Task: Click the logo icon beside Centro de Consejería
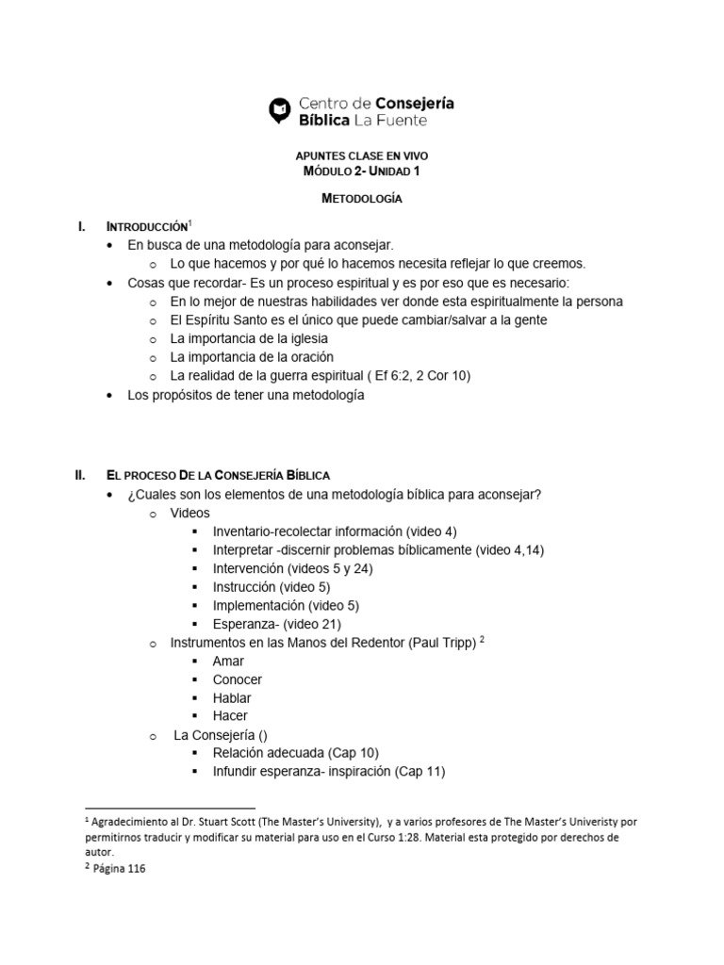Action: point(279,110)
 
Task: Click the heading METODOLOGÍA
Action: point(362,199)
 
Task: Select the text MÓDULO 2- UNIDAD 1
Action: point(362,172)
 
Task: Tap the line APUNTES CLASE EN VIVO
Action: point(362,155)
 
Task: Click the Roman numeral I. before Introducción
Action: point(82,227)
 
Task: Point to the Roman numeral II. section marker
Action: point(81,475)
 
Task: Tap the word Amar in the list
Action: point(228,661)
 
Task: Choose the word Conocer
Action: point(238,679)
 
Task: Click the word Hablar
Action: point(232,698)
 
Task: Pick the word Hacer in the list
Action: point(230,716)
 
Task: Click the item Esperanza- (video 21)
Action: point(277,624)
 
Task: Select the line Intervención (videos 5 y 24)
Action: point(294,568)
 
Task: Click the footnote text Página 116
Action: point(118,870)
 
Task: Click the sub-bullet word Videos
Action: point(189,513)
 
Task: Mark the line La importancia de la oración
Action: point(252,356)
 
